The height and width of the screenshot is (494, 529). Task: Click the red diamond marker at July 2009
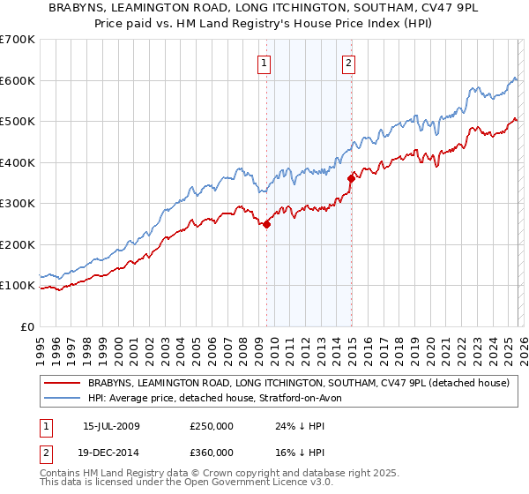pos(266,224)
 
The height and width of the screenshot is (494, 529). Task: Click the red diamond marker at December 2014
pos(351,178)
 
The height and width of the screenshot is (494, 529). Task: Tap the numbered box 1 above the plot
pos(265,63)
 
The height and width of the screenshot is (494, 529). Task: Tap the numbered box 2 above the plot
pos(350,63)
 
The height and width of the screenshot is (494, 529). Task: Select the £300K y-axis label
pos(18,204)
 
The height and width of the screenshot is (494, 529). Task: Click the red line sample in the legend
pos(63,384)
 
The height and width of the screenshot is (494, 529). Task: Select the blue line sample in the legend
pos(63,399)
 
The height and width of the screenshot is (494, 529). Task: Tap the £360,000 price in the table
pos(212,453)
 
